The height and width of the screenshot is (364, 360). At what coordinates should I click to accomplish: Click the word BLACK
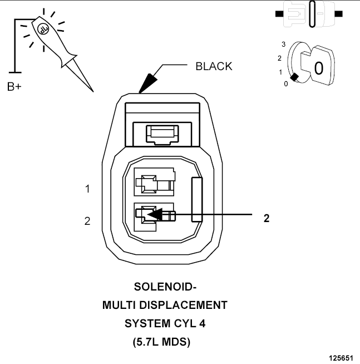[214, 66]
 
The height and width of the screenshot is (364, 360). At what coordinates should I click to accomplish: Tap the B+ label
[14, 87]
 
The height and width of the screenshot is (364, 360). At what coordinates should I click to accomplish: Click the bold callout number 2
[267, 218]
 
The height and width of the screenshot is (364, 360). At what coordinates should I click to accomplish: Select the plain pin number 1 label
[87, 189]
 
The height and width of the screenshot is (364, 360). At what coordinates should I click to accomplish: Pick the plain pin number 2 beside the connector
[87, 221]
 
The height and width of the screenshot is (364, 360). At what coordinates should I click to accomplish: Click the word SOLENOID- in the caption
[165, 287]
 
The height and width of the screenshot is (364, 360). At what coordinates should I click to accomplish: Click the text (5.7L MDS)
[161, 342]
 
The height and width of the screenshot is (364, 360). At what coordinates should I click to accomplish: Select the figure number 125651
[341, 358]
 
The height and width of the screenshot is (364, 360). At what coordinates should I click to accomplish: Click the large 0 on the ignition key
[318, 68]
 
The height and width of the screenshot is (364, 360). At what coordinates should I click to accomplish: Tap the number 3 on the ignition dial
[283, 44]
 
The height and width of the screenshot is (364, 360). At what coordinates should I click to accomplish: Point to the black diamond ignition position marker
[294, 77]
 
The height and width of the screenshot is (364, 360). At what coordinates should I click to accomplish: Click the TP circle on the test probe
[43, 29]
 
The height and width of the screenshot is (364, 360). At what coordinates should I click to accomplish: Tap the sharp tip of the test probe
[93, 91]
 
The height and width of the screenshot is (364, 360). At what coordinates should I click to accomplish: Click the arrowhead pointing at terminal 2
[155, 214]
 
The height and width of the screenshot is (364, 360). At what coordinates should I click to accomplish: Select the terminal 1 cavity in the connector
[154, 182]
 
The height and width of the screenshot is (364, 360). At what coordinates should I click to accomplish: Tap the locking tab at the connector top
[162, 135]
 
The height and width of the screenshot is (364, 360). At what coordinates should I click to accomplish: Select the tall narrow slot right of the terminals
[197, 200]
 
